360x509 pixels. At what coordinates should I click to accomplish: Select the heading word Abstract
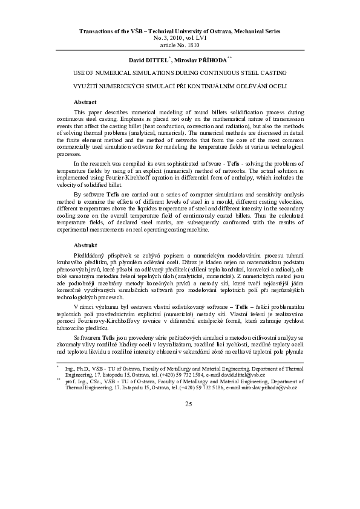[85, 102]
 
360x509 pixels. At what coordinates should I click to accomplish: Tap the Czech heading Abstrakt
[85, 246]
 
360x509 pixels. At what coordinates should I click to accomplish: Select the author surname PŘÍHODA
[212, 59]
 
